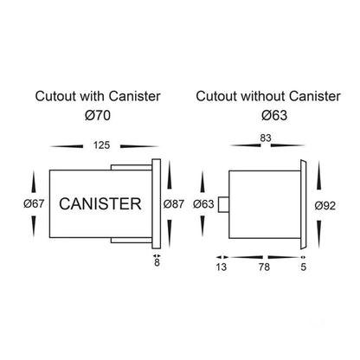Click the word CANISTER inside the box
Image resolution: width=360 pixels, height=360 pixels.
point(100,203)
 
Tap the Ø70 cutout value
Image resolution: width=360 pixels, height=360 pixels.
point(98,115)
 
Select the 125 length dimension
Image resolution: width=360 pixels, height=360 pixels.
point(101,145)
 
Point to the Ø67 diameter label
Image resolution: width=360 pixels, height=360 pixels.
point(34,203)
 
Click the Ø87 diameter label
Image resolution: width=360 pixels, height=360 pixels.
point(174,204)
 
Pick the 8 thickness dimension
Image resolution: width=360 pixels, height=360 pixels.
point(157,262)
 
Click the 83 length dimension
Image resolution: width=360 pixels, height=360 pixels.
point(266,138)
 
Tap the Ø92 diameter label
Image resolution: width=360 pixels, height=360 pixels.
point(325,206)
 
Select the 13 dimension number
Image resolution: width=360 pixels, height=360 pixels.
point(222,267)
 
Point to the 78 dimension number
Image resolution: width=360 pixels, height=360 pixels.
point(264,267)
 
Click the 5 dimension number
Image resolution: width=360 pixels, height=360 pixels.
point(303,267)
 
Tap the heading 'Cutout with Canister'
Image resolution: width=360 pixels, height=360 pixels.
point(98,96)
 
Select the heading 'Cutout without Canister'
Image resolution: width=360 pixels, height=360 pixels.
point(268,96)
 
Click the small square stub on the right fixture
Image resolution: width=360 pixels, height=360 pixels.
point(223,204)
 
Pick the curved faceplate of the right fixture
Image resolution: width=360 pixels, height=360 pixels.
point(303,204)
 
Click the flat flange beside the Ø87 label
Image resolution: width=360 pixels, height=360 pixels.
point(157,203)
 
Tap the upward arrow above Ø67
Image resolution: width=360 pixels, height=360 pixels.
point(34,182)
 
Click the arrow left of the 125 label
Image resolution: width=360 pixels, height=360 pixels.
point(67,146)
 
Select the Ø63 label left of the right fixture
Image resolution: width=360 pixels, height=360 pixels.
point(203,204)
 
